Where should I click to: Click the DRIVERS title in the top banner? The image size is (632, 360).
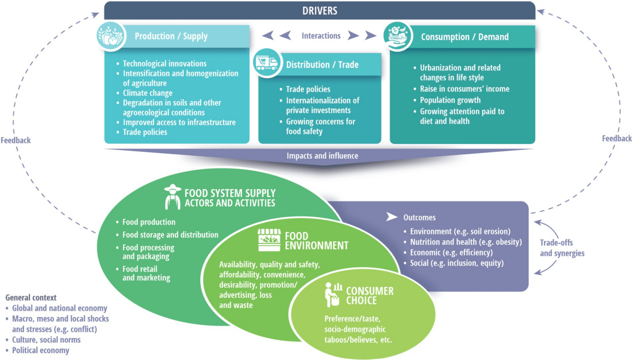tap(320, 11)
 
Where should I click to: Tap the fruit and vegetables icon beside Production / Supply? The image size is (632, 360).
tap(111, 36)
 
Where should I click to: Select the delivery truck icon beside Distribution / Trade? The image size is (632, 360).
tap(267, 63)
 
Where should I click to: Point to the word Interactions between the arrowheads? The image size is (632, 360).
tap(321, 36)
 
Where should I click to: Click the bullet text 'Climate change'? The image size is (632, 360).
tap(147, 93)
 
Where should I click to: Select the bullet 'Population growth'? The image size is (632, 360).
tap(450, 100)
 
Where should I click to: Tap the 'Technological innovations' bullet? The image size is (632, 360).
tap(165, 64)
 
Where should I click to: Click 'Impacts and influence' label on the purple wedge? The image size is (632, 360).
tap(322, 156)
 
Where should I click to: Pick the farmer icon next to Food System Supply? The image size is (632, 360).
tap(172, 197)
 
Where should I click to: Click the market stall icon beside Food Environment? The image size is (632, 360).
tap(269, 240)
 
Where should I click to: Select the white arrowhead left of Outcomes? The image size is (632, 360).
tap(391, 217)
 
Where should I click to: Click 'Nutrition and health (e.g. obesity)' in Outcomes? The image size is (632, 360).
tap(466, 242)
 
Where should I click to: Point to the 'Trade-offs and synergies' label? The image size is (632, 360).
tap(562, 248)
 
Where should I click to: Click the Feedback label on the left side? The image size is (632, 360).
tap(15, 140)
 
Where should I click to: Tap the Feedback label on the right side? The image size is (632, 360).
tap(617, 139)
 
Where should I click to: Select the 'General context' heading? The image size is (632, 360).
tap(31, 298)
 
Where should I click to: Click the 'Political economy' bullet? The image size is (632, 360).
tap(40, 350)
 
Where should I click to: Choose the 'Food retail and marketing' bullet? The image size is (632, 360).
tap(146, 273)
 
